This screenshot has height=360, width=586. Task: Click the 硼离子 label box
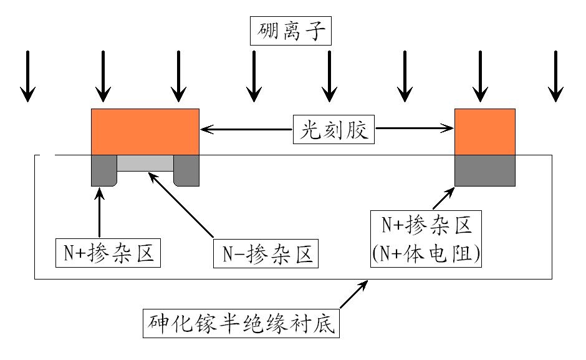(x=290, y=31)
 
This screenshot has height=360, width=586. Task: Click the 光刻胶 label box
(x=335, y=130)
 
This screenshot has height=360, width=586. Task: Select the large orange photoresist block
(x=145, y=131)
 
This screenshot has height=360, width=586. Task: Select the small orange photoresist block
(x=485, y=131)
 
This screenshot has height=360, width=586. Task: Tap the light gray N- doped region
(x=145, y=163)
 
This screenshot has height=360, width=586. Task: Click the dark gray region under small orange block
(x=485, y=170)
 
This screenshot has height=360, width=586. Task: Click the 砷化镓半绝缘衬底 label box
(x=241, y=323)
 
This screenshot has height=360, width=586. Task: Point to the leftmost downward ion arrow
(x=27, y=76)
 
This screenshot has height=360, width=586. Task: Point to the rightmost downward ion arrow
(x=555, y=76)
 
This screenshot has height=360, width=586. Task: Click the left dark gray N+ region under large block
(x=103, y=170)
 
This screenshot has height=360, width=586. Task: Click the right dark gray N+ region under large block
(x=186, y=170)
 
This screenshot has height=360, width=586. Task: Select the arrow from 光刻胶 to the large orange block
(x=246, y=130)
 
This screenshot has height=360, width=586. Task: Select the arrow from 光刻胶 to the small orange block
(x=415, y=130)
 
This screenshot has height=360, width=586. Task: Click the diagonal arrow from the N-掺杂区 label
(x=181, y=207)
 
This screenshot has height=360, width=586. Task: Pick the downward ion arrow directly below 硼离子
(x=329, y=76)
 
